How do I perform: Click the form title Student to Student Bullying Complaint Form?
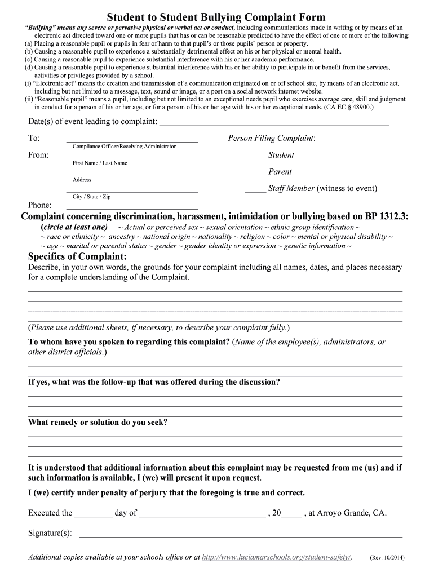click(x=216, y=17)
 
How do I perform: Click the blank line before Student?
click(x=255, y=158)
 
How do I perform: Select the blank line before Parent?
click(x=255, y=175)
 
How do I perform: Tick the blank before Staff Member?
click(x=255, y=192)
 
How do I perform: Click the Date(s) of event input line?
click(x=274, y=124)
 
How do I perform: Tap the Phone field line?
click(x=132, y=208)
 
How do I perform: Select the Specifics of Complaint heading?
click(x=77, y=257)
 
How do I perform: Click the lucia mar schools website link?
click(x=276, y=557)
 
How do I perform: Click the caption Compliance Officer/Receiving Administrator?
click(x=124, y=147)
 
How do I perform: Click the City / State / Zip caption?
click(x=91, y=197)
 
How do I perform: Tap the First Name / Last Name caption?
click(x=100, y=163)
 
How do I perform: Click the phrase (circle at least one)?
click(x=74, y=227)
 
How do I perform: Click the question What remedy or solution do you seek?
click(x=98, y=422)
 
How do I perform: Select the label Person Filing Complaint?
click(x=271, y=138)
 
